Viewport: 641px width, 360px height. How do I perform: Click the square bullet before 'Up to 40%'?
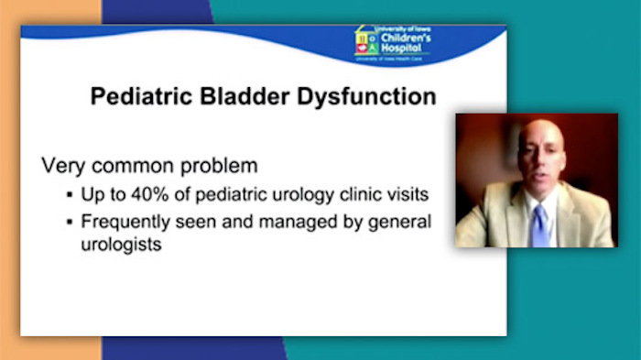click(x=71, y=196)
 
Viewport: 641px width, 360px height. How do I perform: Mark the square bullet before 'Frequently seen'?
click(x=71, y=222)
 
